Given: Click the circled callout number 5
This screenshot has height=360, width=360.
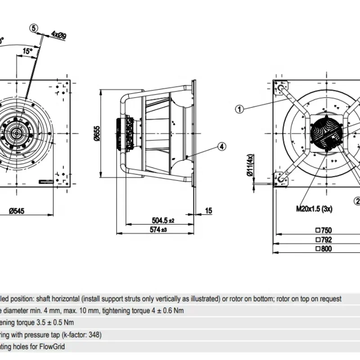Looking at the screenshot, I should [x=34, y=28].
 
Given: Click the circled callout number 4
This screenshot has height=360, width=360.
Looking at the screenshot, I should [x=221, y=146].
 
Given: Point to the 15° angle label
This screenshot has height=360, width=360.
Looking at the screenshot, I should [x=27, y=51].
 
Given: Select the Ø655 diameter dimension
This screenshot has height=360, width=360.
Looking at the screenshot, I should [x=97, y=133].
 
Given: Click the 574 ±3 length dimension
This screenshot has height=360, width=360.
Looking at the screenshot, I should [x=157, y=230].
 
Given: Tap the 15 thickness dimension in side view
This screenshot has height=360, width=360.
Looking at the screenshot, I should [x=208, y=210].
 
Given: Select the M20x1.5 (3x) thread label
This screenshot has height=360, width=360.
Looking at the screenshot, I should [x=314, y=209].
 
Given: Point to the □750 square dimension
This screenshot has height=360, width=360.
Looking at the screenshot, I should [x=324, y=230].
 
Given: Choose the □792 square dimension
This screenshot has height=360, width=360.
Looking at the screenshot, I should [x=324, y=239].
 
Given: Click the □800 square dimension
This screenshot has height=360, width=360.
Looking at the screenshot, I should [x=324, y=248].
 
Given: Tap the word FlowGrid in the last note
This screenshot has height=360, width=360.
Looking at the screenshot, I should [x=52, y=346].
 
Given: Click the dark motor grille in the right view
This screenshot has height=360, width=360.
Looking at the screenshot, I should [x=328, y=130].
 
